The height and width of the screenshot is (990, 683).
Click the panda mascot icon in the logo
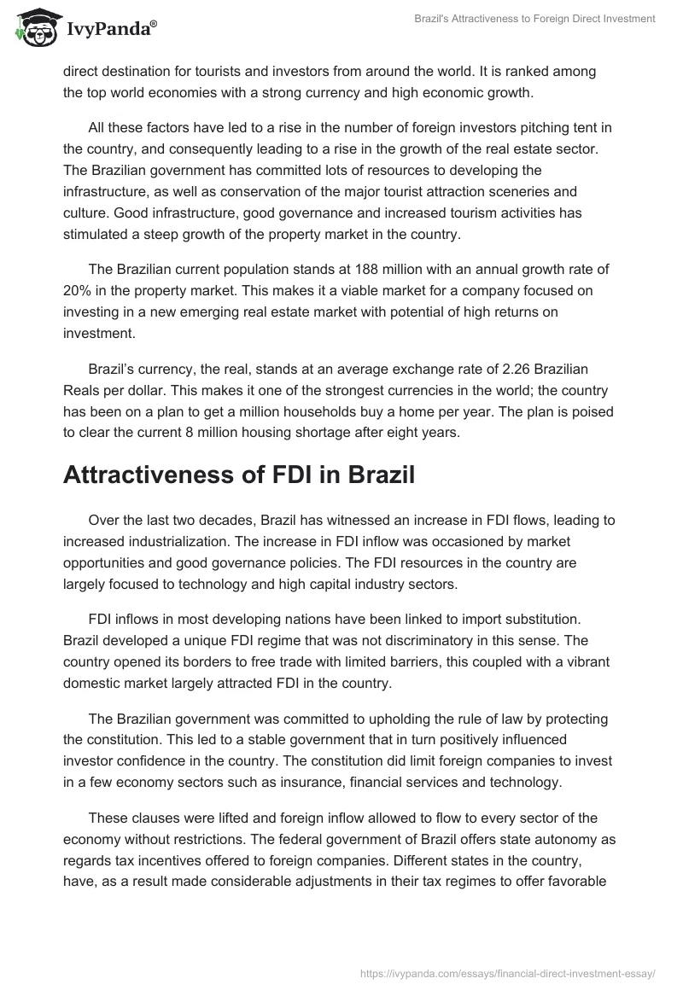click(x=35, y=28)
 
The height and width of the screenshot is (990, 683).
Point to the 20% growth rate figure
click(x=79, y=291)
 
